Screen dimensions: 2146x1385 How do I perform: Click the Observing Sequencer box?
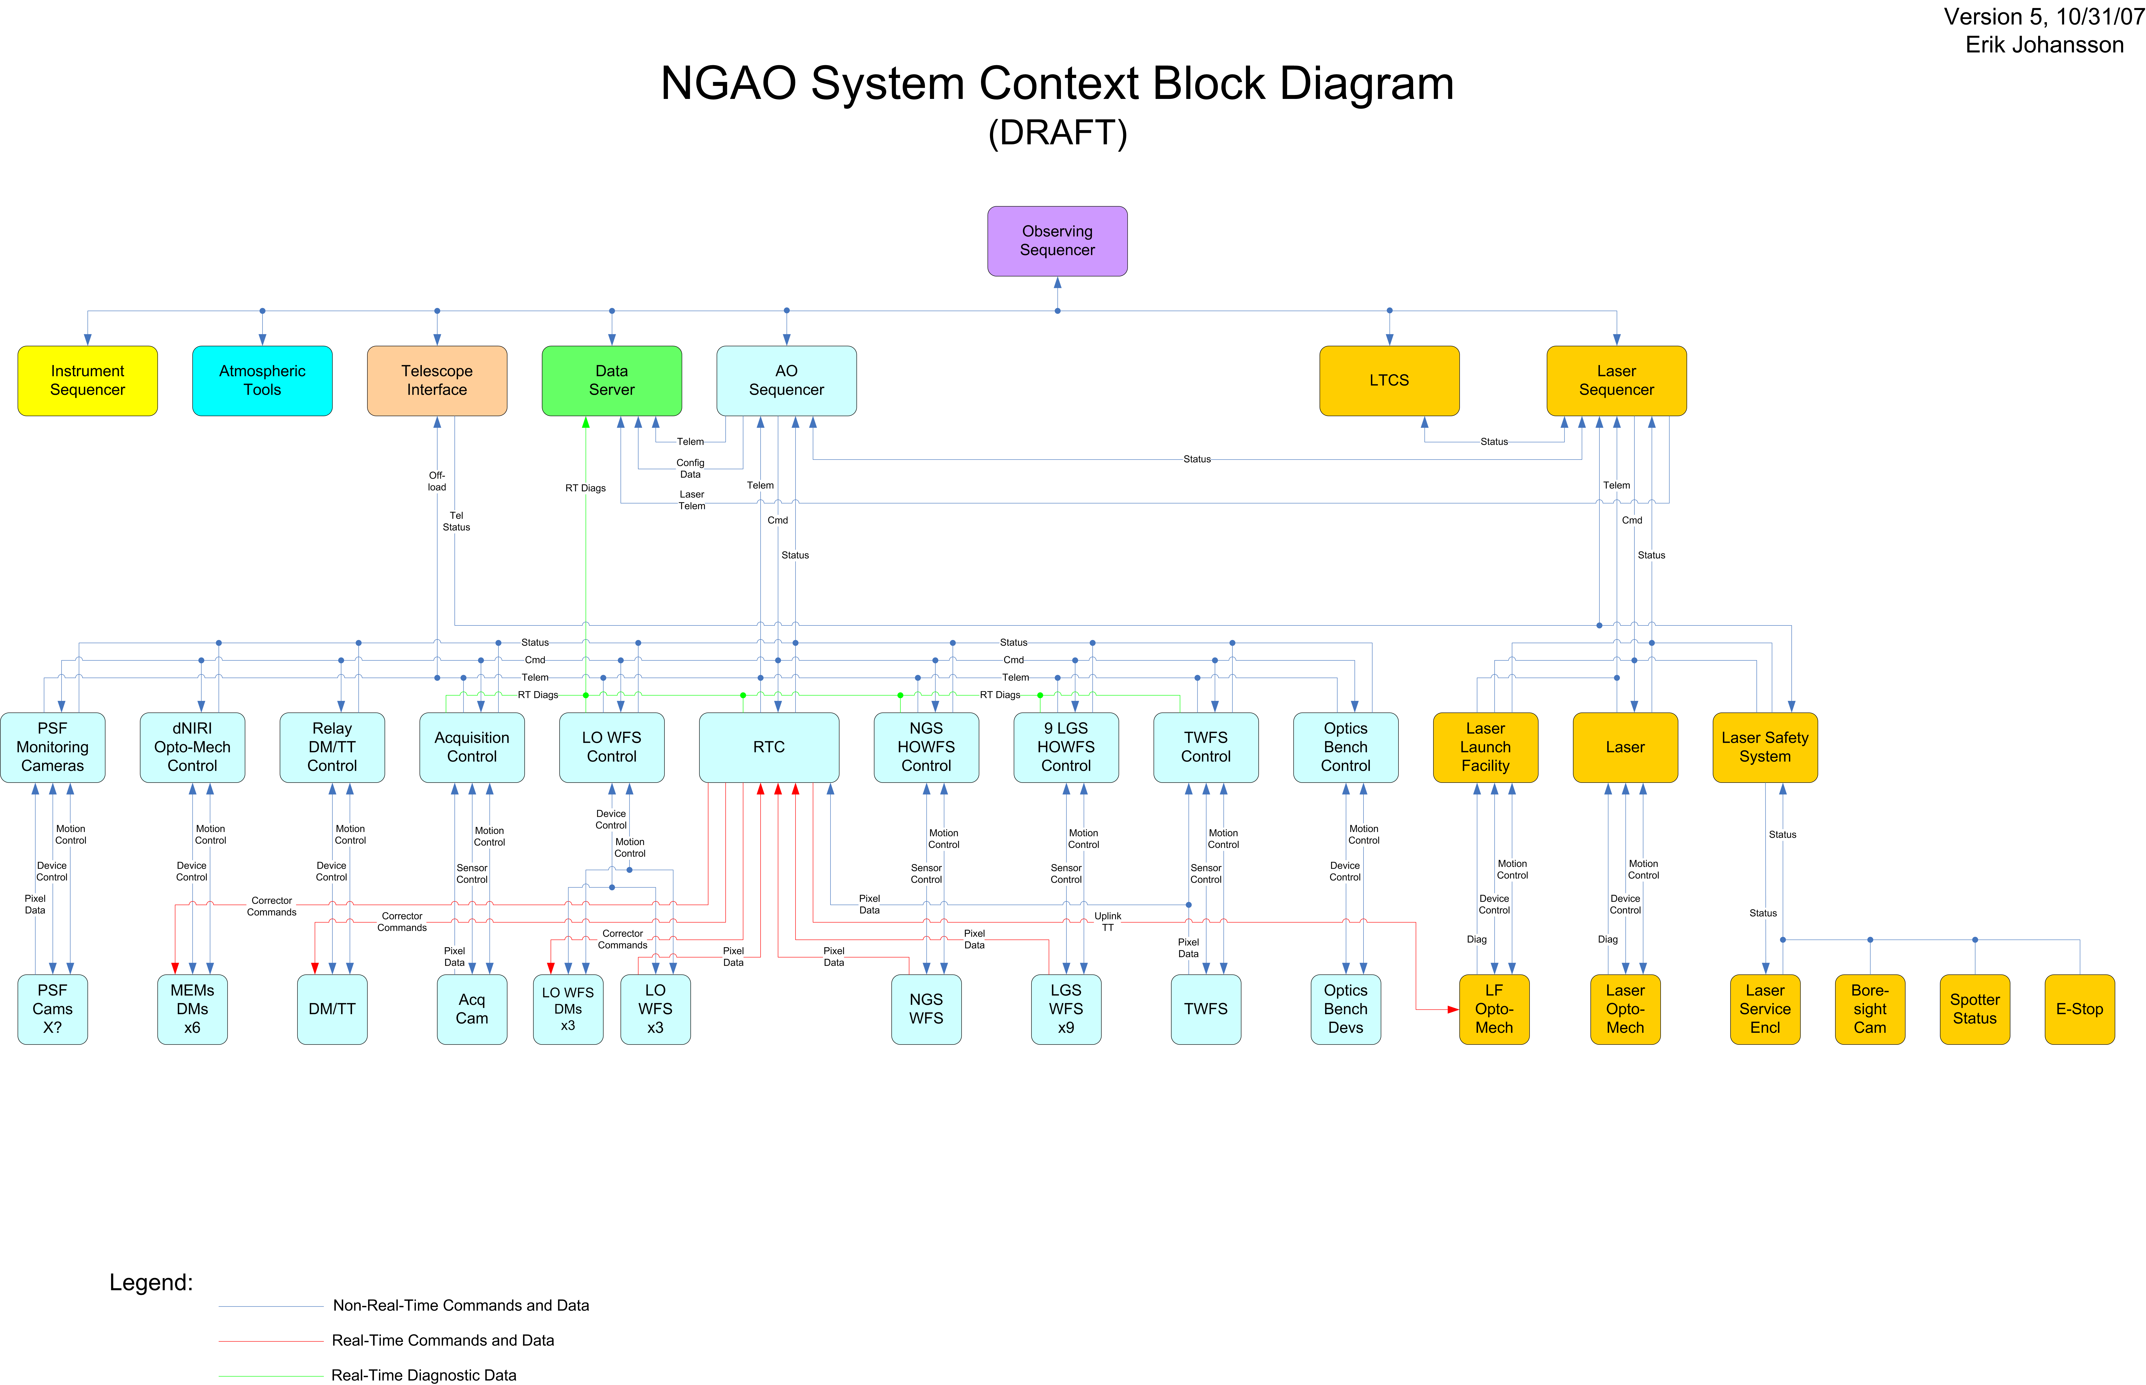[x=1057, y=241]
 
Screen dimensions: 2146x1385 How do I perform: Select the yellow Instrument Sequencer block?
[x=87, y=380]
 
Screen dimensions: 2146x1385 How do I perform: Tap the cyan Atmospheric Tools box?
[x=262, y=380]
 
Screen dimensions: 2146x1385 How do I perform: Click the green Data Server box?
[x=612, y=380]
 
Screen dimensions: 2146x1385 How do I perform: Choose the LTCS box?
[x=1389, y=380]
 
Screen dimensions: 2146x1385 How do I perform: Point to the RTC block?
[x=769, y=747]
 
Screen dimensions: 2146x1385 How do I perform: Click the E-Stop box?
[x=2079, y=1009]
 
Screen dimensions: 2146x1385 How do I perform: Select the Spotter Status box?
[x=1975, y=1009]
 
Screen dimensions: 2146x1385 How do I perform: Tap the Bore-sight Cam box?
[x=1870, y=1009]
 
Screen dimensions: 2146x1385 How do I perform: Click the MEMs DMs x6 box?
[x=193, y=1009]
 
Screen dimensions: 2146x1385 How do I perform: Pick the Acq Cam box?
[x=472, y=1009]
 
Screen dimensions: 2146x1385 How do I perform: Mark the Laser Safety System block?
[x=1765, y=747]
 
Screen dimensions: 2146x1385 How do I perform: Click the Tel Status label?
[x=456, y=522]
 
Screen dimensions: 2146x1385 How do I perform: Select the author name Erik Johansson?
[x=2044, y=45]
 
